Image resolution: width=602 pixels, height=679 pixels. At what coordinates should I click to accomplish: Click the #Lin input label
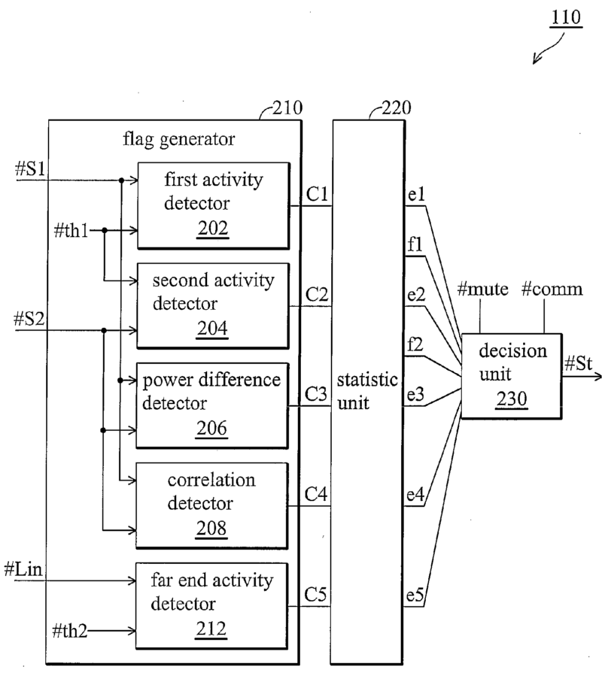pos(28,568)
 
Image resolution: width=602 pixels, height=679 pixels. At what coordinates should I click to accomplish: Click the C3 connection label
pos(316,393)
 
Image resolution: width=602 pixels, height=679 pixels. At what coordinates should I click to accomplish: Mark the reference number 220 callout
pos(394,108)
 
